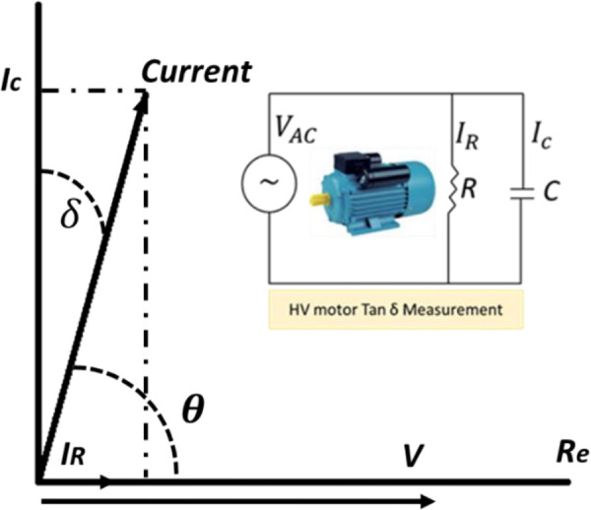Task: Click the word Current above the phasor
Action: point(196,72)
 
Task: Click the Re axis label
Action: point(572,453)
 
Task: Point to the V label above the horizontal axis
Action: point(413,455)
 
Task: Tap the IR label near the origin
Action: point(73,456)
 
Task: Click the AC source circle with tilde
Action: point(269,183)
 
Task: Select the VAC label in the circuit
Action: point(295,130)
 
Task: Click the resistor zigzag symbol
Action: point(451,188)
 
